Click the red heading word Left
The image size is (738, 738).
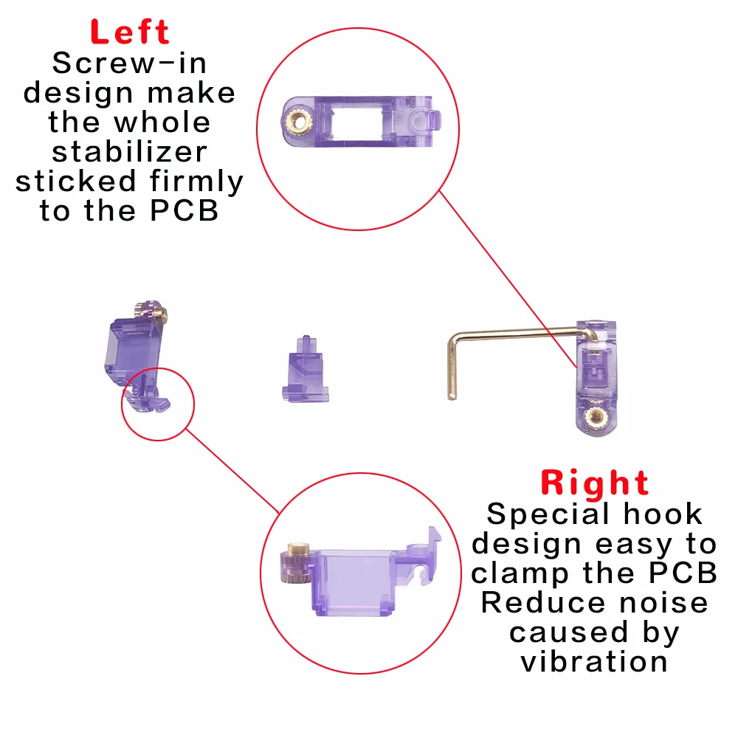(x=130, y=32)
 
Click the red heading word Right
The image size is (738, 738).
(x=595, y=483)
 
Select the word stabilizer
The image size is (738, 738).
(x=129, y=152)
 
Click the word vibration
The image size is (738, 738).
(x=594, y=661)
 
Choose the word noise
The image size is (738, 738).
(x=653, y=602)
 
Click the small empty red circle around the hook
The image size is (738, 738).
(x=157, y=404)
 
